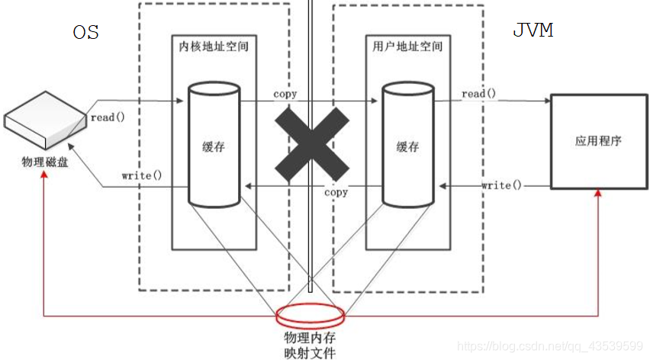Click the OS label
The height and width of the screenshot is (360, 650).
pos(86,33)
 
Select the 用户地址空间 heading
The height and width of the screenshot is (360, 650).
pos(404,47)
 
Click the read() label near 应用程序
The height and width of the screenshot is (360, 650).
pos(478,94)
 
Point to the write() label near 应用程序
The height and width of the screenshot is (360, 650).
pos(502,185)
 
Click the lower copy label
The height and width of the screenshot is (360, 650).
pos(336,192)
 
